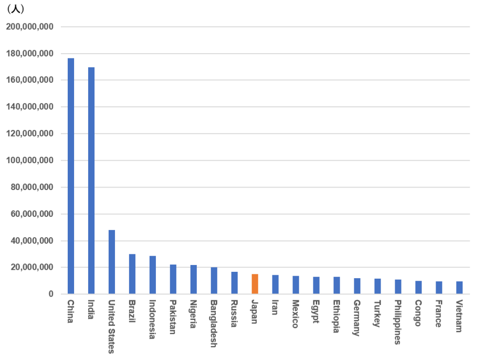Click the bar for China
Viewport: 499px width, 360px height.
pos(71,176)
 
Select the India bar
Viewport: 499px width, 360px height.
pos(91,180)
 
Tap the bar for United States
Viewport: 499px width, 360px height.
pos(112,262)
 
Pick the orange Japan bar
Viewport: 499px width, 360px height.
pos(255,284)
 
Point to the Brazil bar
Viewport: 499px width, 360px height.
pos(132,274)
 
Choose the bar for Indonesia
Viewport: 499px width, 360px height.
pos(153,275)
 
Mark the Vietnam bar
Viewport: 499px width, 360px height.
pos(459,287)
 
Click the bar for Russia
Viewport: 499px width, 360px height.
pos(234,283)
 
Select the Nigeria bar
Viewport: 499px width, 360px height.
pos(193,279)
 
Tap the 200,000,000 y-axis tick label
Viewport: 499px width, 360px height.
pos(30,27)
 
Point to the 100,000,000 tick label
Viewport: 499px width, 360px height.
pos(30,160)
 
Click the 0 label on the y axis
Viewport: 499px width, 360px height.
pos(51,294)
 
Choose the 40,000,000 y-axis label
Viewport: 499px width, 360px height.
pos(32,241)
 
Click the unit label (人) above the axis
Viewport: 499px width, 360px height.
pos(15,9)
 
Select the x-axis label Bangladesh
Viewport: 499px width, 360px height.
pos(214,323)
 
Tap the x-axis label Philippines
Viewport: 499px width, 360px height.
pos(398,322)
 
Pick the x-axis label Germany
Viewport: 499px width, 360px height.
pos(357,318)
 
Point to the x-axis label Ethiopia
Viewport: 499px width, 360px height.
pos(336,316)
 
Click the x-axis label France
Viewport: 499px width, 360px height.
pos(439,314)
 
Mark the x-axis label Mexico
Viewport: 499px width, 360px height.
pos(296,314)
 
